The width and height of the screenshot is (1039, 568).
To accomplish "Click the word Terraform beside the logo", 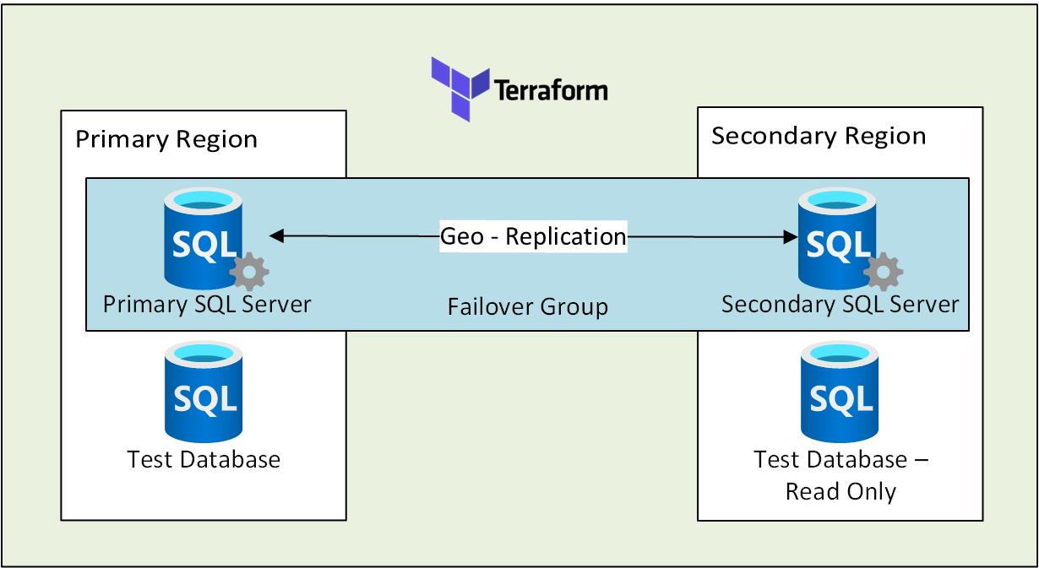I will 550,89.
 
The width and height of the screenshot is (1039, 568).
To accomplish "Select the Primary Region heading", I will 166,139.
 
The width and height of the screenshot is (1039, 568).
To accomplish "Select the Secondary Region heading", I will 819,136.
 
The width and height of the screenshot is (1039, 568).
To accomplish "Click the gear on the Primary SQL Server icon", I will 249,272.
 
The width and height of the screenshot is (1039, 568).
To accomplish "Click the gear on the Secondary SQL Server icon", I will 884,272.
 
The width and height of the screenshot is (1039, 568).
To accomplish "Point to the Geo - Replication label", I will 533,236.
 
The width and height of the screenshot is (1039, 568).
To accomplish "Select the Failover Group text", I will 527,306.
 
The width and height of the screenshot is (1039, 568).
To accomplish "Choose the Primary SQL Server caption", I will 207,303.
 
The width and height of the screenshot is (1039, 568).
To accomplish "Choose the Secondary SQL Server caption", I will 840,303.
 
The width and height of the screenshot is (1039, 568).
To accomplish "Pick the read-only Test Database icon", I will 840,392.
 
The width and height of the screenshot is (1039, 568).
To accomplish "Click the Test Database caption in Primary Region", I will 204,459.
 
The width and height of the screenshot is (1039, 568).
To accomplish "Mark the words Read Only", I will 840,491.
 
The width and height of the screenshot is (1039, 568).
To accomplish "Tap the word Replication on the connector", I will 565,236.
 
